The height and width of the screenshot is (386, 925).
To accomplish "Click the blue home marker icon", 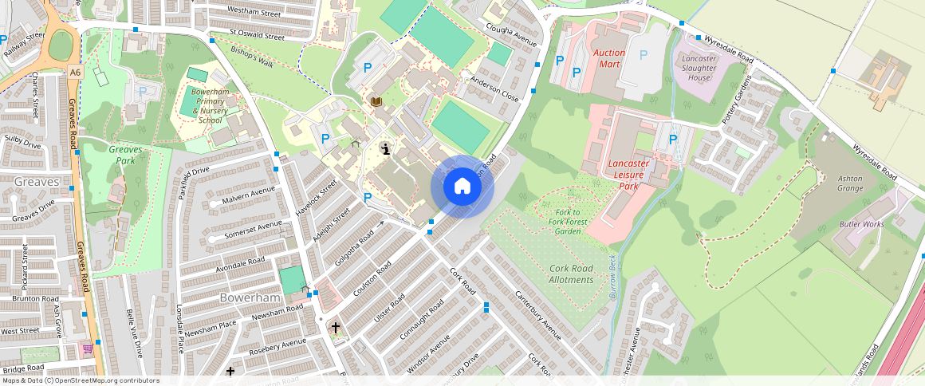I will coord(462,187).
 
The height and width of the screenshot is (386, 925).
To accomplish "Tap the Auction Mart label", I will coord(609,58).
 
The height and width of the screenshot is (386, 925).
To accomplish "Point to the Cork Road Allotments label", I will coord(571,274).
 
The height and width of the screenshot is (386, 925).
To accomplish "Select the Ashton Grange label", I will coord(850,183).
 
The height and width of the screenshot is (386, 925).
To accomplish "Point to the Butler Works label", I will coord(861,224).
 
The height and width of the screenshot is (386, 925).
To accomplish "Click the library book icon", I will coord(376,102).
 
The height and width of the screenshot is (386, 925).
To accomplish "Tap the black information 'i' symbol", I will coord(386,149).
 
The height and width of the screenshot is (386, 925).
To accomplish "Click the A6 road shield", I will coord(75,72).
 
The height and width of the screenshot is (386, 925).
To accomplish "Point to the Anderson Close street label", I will coord(494,89).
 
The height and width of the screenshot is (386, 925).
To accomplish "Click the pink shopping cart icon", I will coord(87,349).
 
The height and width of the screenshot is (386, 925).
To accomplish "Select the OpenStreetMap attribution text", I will coord(80,380).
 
